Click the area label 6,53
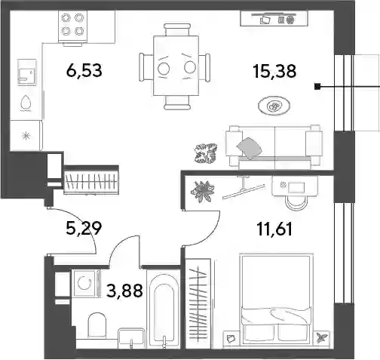coord(84,70)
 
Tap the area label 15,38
coord(275,71)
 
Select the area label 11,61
coord(274,229)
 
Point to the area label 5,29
coord(84,228)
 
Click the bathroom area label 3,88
coord(124,290)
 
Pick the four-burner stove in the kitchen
coord(73,26)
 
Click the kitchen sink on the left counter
coord(26,72)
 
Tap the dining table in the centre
coord(176,66)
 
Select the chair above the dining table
coord(176,29)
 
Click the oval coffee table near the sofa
coord(274,106)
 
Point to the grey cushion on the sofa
coord(249,148)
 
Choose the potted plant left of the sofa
coord(206,153)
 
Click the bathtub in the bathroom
coord(164,309)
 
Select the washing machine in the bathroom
coord(84,284)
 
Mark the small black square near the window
coord(317,87)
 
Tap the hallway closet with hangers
coord(91,181)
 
